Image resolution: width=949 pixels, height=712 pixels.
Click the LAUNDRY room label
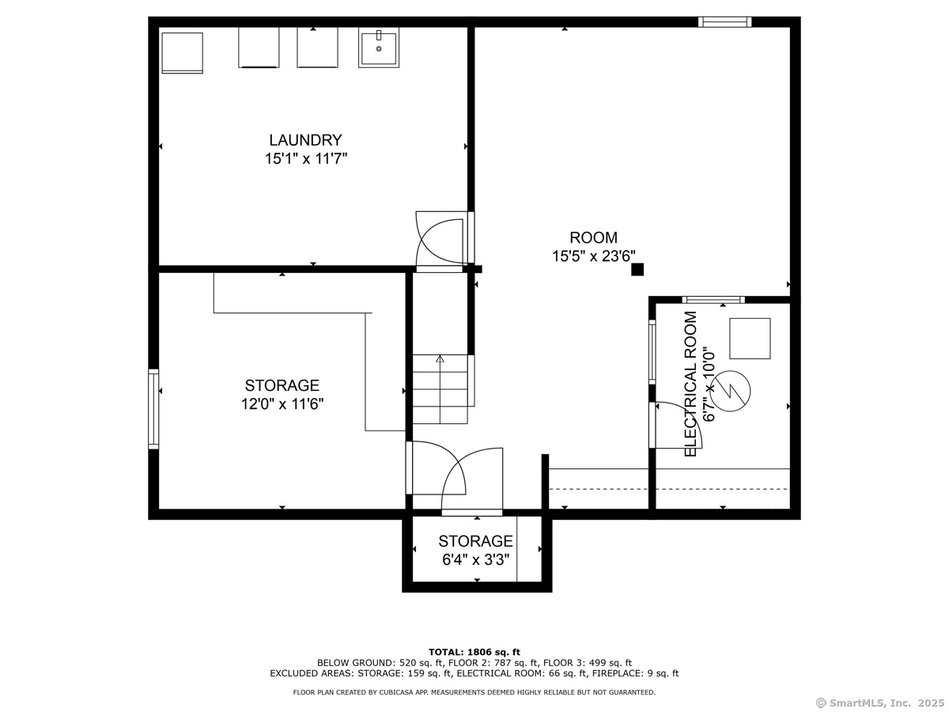point(305,140)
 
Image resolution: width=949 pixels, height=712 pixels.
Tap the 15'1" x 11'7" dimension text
point(306,159)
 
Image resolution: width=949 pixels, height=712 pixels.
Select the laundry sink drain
point(379,49)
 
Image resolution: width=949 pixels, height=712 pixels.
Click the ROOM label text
point(593,237)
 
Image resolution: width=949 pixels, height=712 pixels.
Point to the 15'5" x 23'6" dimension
point(593,256)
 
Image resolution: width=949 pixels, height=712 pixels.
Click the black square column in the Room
point(637,269)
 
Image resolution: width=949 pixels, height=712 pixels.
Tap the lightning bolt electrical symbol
point(730,391)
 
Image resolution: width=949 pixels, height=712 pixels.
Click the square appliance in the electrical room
point(750,339)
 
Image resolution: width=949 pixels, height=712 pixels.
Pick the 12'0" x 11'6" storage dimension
point(282,403)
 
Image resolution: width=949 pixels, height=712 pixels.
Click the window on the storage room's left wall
point(153,409)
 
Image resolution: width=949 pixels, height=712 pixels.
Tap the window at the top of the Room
point(724,22)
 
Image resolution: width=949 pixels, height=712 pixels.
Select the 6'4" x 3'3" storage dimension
point(475,560)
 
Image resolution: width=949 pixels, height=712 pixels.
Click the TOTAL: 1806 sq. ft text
point(475,652)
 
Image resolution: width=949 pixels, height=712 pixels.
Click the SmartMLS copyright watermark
point(880,703)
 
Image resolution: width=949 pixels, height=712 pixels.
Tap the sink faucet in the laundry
point(379,35)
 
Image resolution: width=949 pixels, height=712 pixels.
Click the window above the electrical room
point(713,300)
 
